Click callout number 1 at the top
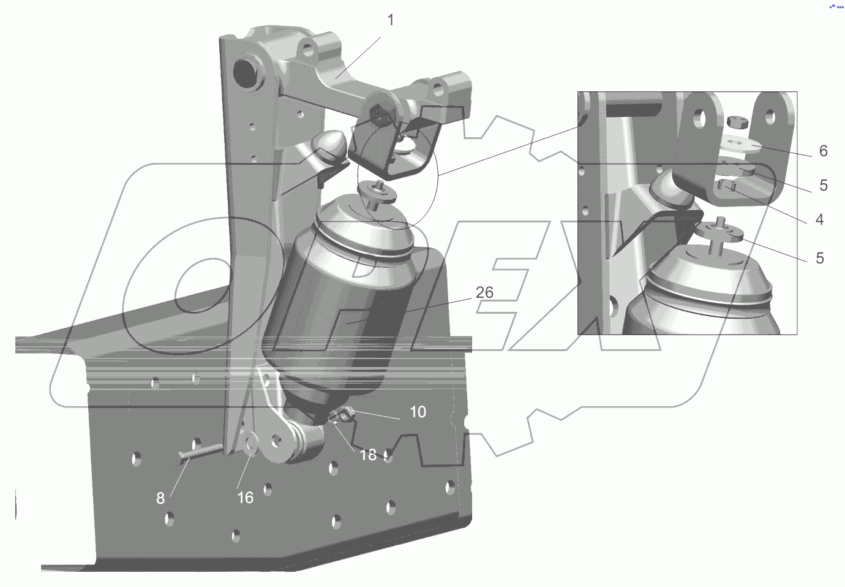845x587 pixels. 391,20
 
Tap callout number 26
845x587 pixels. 484,292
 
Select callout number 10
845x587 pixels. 418,412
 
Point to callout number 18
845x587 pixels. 368,455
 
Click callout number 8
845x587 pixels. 160,498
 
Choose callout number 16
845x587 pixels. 245,498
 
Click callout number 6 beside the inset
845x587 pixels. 824,151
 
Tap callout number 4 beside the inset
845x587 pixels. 819,219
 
